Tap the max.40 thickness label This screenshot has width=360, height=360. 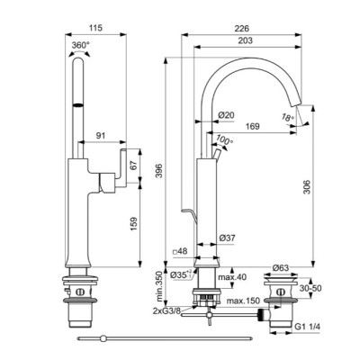click(x=233, y=277)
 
